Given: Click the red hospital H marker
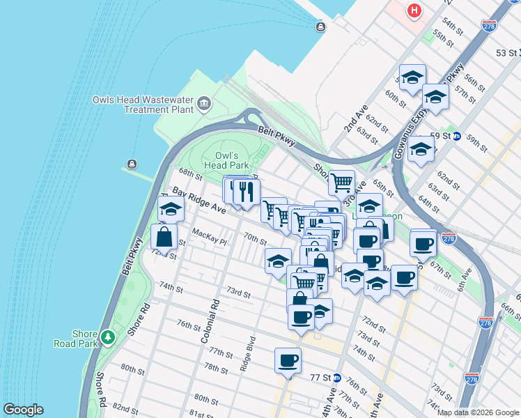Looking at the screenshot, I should pos(414,11).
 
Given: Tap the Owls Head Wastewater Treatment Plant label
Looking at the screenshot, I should pos(143,104).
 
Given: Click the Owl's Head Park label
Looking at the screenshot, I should pos(226,161).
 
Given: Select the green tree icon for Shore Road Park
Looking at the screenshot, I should pos(107,337).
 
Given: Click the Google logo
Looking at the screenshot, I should pos(23,410).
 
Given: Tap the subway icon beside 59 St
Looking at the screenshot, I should pos(458,136).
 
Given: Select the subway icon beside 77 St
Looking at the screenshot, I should pos(336,377).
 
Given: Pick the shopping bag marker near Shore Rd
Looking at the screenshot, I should pos(164,237).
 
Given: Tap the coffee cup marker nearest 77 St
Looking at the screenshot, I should pos(288,360).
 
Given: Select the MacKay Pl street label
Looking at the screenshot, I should pos(209,238).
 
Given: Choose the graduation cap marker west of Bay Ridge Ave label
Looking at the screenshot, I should pos(170,208).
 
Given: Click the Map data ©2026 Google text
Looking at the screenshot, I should pos(478,412).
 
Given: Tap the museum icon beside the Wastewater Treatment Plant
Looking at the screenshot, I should pos(204,104).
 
